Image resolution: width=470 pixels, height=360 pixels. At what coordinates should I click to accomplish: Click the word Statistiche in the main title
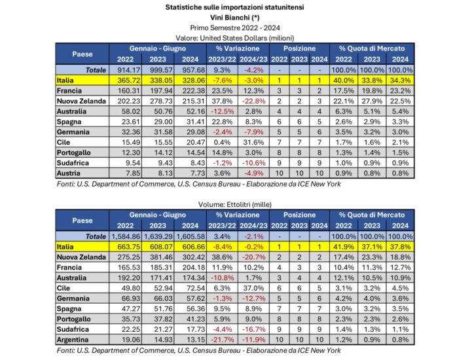click(x=189, y=7)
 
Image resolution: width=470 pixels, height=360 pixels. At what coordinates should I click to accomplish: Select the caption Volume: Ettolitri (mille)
click(x=235, y=204)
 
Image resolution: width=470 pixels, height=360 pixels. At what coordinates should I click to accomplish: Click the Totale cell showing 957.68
click(x=185, y=69)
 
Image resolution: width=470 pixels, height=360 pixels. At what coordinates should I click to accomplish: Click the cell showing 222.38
click(x=185, y=90)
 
